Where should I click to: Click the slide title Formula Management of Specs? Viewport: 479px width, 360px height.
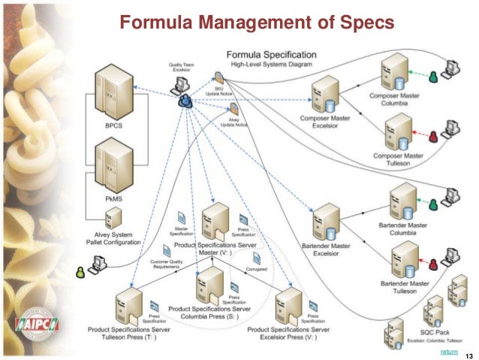[258, 24]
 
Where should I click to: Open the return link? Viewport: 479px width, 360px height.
[449, 350]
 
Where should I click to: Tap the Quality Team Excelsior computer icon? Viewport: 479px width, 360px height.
[182, 85]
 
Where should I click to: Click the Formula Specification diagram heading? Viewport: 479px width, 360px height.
[273, 55]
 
